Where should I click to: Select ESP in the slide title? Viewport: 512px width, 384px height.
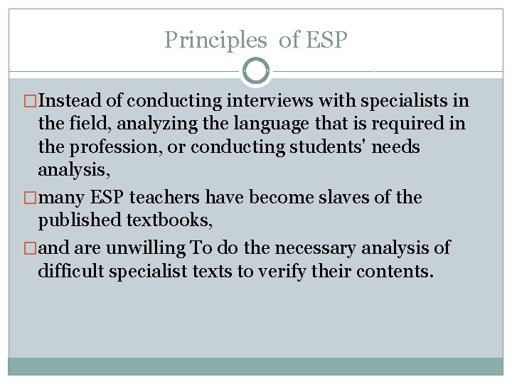tap(326, 40)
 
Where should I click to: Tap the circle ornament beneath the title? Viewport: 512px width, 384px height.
tap(256, 71)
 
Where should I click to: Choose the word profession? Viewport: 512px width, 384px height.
tap(107, 147)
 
